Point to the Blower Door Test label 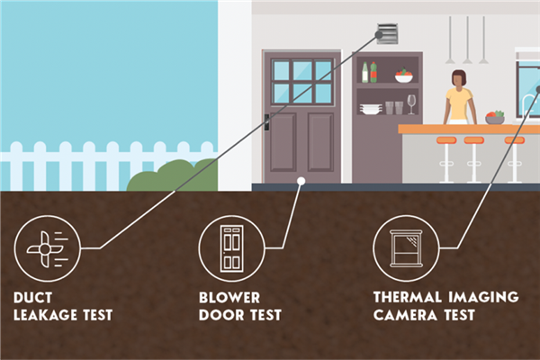[241, 306]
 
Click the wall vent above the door [387, 34]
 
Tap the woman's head [459, 78]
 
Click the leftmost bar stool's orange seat [446, 140]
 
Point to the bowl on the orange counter [494, 118]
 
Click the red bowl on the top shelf [403, 77]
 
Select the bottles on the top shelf [369, 73]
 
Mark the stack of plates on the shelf [370, 109]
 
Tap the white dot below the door [301, 180]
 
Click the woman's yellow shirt [459, 104]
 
